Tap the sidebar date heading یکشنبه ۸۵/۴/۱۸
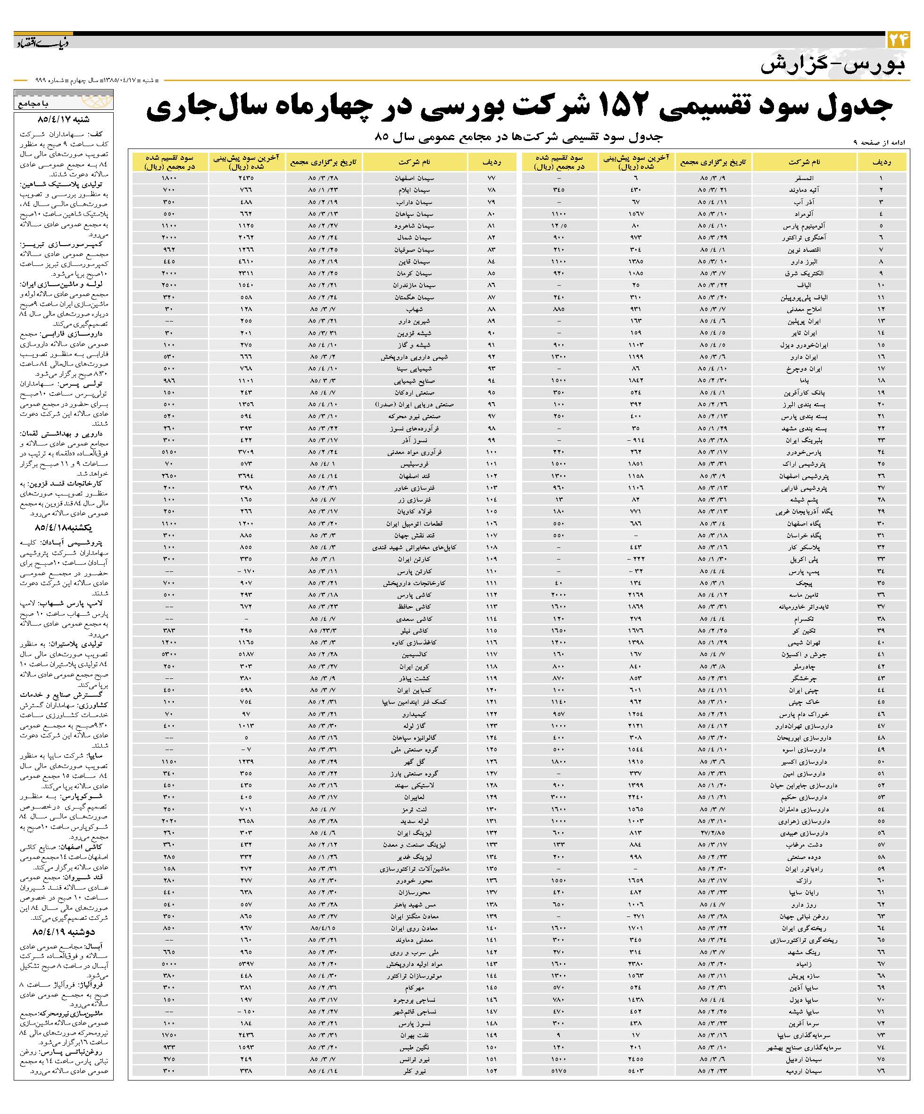(x=63, y=528)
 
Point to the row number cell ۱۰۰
(x=491, y=452)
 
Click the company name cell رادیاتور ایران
(x=804, y=869)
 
